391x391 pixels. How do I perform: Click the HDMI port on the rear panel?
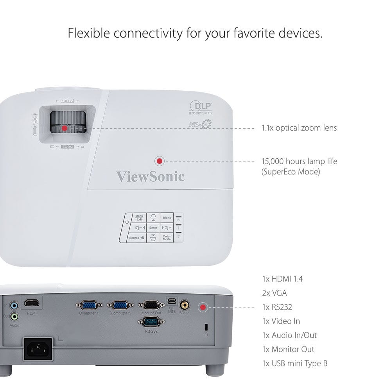pyautogui.click(x=32, y=303)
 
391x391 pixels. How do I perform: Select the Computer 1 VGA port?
pyautogui.click(x=89, y=305)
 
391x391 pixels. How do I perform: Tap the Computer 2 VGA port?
pyautogui.click(x=120, y=305)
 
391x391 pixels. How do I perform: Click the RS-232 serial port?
pyautogui.click(x=151, y=322)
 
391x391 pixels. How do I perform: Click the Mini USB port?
pyautogui.click(x=172, y=301)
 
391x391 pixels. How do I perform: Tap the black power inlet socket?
pyautogui.click(x=38, y=349)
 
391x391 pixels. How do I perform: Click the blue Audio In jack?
pyautogui.click(x=15, y=305)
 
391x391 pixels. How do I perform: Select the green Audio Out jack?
pyautogui.click(x=15, y=316)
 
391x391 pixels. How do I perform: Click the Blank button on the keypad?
pyautogui.click(x=167, y=218)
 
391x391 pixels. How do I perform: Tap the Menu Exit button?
pyautogui.click(x=139, y=218)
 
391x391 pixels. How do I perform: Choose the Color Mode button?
pyautogui.click(x=167, y=238)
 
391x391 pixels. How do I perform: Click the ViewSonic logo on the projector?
pyautogui.click(x=150, y=176)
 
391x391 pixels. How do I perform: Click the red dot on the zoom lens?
pyautogui.click(x=65, y=128)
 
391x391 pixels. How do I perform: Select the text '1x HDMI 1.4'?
pyautogui.click(x=282, y=279)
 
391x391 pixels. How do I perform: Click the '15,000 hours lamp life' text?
pyautogui.click(x=299, y=161)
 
